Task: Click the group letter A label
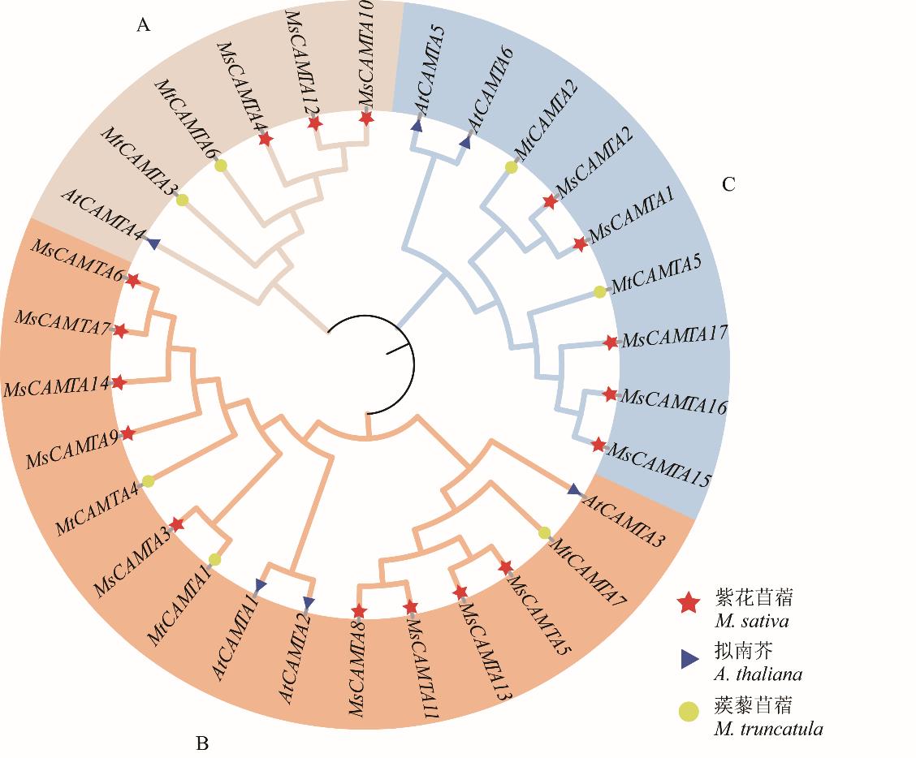(143, 25)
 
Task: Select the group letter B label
(202, 743)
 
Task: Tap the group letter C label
(728, 184)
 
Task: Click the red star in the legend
(689, 603)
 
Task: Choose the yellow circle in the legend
(689, 713)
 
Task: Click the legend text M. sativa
(753, 622)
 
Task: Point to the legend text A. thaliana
(758, 674)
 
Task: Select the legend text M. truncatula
(768, 729)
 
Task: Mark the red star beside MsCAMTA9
(127, 433)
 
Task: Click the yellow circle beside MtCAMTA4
(148, 481)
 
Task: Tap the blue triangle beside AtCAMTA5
(417, 127)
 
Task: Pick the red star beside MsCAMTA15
(598, 445)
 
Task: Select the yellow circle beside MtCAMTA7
(545, 532)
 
